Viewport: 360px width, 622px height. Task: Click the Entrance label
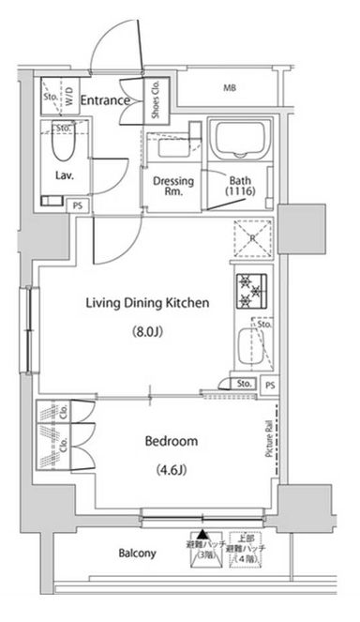[x=103, y=99]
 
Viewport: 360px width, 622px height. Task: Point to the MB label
[x=230, y=89]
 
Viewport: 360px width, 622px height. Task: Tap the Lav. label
[x=64, y=174]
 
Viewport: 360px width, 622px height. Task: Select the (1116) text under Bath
[x=242, y=192]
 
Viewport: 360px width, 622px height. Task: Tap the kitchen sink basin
[x=250, y=344]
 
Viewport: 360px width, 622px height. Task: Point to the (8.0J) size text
[x=146, y=331]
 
